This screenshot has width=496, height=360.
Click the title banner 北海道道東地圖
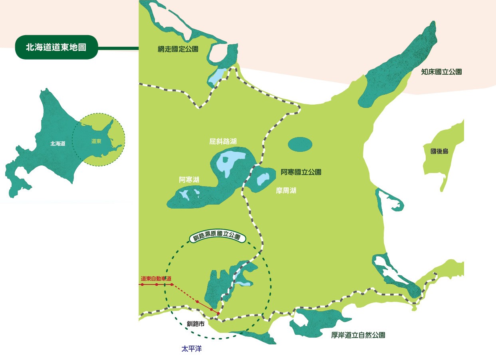click(56, 47)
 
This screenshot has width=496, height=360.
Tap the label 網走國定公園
click(178, 49)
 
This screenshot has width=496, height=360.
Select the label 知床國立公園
click(441, 72)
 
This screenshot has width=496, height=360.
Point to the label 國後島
click(439, 151)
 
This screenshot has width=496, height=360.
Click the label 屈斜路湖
click(223, 141)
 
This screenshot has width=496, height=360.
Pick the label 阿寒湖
click(189, 180)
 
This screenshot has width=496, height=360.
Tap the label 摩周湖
click(286, 191)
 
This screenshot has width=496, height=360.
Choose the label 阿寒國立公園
click(301, 172)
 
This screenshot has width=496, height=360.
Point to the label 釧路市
click(196, 324)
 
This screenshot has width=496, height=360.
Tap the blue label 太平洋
click(192, 349)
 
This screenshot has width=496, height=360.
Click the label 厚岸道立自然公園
click(358, 335)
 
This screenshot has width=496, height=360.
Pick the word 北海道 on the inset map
click(58, 143)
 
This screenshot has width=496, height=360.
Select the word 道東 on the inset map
click(96, 141)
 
